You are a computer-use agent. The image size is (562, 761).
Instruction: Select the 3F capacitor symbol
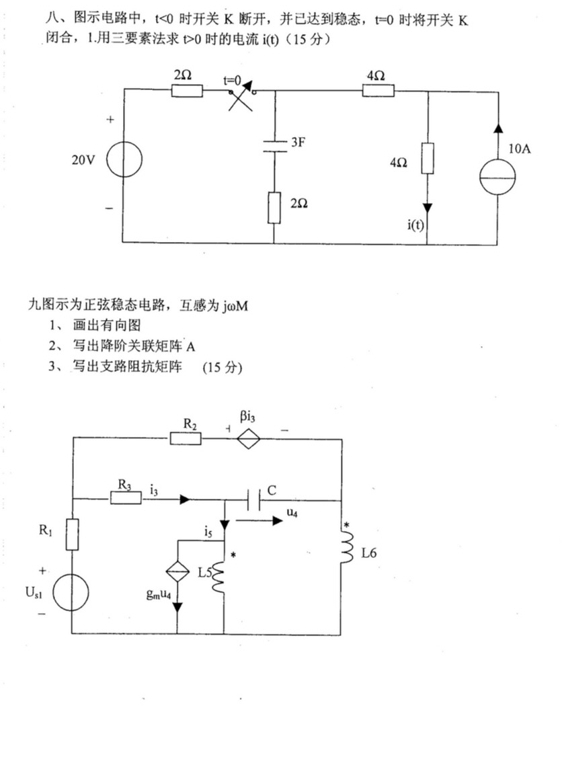pos(274,147)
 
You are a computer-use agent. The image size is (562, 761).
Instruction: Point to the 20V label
pos(83,161)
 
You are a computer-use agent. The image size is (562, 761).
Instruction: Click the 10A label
pos(520,149)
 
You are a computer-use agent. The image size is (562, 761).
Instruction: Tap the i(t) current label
pos(415,224)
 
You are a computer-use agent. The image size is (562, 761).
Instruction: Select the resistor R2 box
pos(186,438)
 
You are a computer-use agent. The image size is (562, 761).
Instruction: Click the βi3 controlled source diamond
pos(249,438)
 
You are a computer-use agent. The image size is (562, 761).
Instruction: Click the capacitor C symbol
pos(253,499)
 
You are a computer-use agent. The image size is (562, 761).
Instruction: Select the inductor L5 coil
pos(218,577)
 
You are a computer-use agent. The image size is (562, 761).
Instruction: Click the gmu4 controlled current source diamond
pos(177,572)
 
